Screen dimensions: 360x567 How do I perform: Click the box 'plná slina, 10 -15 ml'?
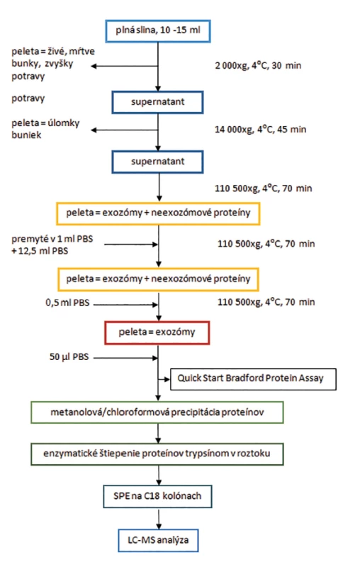157,31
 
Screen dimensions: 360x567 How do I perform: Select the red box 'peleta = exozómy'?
157,332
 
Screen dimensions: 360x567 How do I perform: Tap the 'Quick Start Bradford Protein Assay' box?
253,379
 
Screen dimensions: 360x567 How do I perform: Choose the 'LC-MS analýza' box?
158,541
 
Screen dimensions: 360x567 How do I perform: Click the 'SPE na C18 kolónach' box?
157,497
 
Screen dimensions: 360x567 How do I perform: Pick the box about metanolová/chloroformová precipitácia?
157,412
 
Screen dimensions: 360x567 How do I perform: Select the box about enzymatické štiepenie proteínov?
157,454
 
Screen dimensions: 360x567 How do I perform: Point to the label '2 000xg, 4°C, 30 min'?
258,65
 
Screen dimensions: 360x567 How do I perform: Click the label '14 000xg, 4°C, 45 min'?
260,130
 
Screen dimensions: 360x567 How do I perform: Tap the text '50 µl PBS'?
69,357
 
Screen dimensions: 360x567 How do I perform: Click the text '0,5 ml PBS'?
67,303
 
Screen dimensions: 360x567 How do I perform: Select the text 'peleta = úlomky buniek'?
45,129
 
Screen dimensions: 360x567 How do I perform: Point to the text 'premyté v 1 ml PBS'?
52,239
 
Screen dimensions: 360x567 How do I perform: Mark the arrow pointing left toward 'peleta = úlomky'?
124,130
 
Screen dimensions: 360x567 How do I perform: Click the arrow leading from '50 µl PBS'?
125,358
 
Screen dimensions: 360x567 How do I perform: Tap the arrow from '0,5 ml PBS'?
125,305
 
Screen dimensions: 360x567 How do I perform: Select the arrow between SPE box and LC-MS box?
158,519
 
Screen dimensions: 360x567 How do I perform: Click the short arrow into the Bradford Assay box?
164,379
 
